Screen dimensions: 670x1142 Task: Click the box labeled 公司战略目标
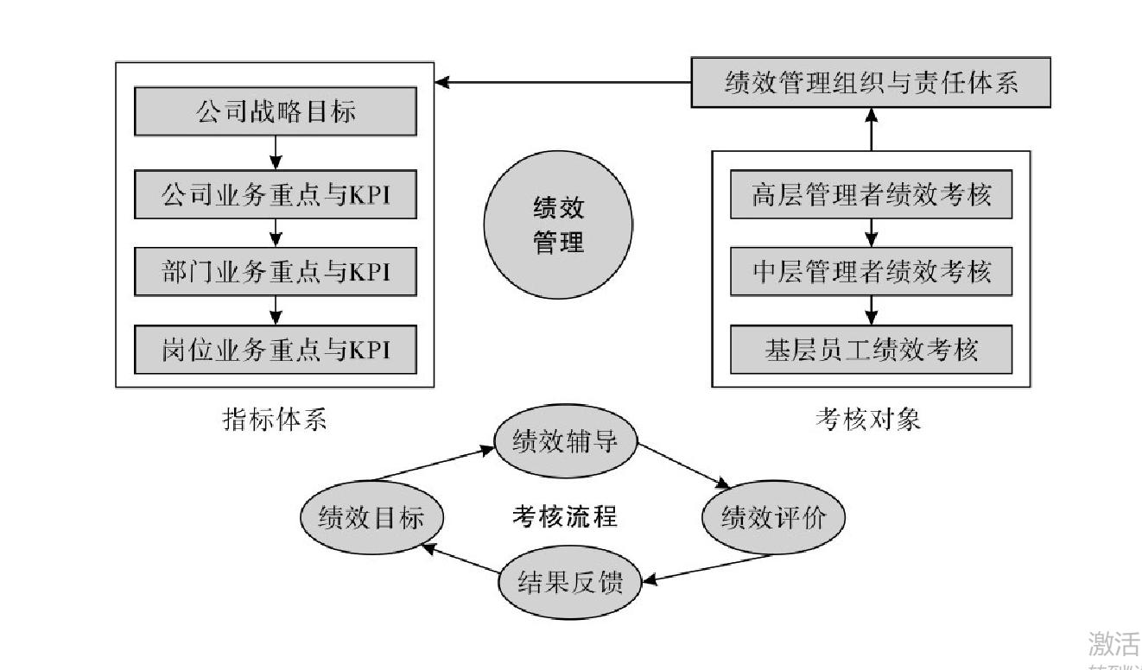click(276, 111)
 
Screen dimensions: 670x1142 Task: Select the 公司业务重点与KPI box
click(276, 195)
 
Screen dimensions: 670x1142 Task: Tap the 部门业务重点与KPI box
click(276, 272)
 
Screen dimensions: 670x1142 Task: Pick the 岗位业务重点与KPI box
click(276, 350)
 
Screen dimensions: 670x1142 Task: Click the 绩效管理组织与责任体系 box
click(871, 84)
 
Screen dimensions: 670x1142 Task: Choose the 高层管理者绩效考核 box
click(871, 195)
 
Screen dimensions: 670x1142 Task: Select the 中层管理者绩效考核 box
click(871, 272)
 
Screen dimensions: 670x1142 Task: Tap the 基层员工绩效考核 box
click(871, 350)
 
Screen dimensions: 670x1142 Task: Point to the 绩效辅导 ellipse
click(564, 442)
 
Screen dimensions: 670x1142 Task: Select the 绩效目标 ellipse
click(371, 518)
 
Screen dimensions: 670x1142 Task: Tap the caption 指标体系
click(275, 420)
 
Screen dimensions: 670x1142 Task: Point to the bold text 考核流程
click(564, 517)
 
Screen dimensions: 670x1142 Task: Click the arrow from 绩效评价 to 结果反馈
click(691, 570)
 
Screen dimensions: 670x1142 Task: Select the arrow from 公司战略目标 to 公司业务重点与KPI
click(276, 153)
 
